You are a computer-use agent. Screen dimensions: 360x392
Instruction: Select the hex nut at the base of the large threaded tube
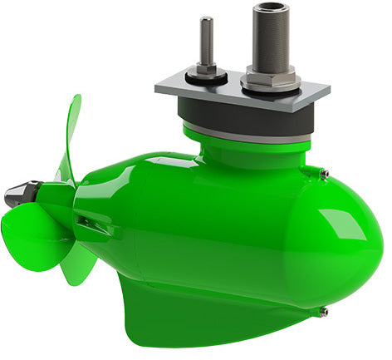[x=270, y=81]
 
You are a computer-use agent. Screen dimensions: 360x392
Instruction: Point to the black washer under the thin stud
[x=207, y=77]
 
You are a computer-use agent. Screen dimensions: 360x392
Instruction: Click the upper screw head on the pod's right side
[x=324, y=173]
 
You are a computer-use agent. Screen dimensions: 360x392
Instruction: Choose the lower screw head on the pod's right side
[x=323, y=312]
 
